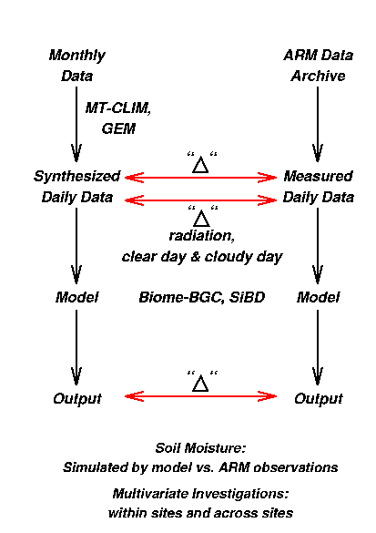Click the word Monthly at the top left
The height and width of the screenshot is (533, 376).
click(77, 56)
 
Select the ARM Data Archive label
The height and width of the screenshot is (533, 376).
click(319, 66)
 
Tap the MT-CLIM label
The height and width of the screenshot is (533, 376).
click(117, 108)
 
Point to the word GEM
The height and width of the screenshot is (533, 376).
click(118, 128)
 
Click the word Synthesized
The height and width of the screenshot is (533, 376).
click(76, 177)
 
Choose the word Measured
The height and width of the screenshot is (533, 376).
click(319, 176)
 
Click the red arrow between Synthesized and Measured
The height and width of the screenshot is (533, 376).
click(200, 178)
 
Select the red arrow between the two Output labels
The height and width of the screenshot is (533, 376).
click(200, 396)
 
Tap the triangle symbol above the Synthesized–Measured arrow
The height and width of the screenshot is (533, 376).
click(200, 165)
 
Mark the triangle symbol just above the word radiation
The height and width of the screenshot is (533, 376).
click(201, 219)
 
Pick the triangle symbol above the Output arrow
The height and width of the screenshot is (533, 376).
click(200, 384)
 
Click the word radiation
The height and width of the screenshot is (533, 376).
click(202, 236)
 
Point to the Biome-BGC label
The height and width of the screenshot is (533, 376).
click(181, 297)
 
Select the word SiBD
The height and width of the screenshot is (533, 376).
click(247, 297)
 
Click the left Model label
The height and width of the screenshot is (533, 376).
click(77, 297)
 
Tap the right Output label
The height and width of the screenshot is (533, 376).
click(319, 399)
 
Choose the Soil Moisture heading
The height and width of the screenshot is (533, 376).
click(200, 448)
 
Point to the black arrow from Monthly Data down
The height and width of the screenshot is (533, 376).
click(76, 124)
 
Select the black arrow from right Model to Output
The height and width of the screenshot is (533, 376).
click(318, 347)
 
